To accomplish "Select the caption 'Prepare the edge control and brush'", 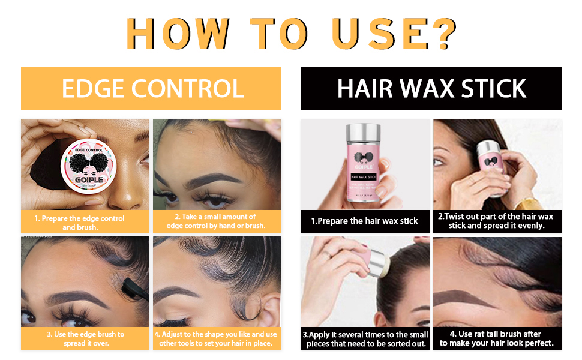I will point(85,223).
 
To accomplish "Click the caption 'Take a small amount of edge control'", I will point(216,221).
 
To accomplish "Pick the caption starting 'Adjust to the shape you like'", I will point(216,338).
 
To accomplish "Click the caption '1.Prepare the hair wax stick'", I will point(365,221).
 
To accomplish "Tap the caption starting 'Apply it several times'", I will point(365,339).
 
